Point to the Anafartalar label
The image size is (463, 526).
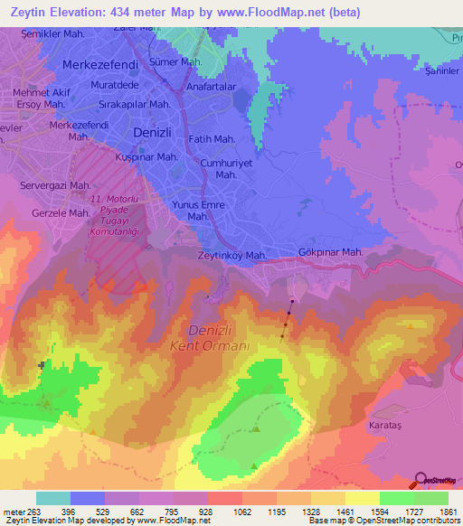pyautogui.click(x=211, y=88)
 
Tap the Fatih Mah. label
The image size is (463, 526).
pyautogui.click(x=213, y=139)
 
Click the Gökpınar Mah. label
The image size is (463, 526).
pyautogui.click(x=330, y=252)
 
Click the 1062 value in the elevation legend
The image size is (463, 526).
pyautogui.click(x=224, y=512)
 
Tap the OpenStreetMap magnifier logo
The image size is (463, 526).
pyautogui.click(x=420, y=480)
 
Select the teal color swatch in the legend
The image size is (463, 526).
pyautogui.click(x=53, y=498)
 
